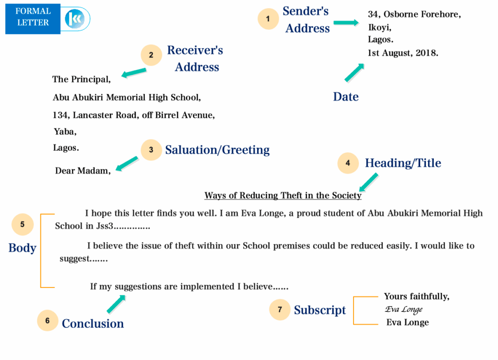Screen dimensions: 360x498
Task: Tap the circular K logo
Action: click(75, 19)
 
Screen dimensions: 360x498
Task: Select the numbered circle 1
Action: click(268, 19)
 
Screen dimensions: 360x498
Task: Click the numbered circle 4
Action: click(348, 163)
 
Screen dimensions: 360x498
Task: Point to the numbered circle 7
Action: click(280, 309)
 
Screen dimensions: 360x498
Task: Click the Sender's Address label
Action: click(306, 19)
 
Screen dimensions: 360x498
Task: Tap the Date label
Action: click(346, 97)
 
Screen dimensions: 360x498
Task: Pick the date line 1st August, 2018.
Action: click(403, 53)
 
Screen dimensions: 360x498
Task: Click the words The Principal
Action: click(81, 79)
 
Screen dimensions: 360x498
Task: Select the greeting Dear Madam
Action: click(83, 171)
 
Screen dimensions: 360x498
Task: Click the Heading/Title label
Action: click(403, 163)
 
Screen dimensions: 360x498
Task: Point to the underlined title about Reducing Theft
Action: click(283, 196)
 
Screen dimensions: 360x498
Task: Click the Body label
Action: click(22, 248)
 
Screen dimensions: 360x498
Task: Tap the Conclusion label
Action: click(93, 324)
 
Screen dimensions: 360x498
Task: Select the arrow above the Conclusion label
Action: click(116, 304)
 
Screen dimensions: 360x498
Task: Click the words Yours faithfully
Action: click(416, 296)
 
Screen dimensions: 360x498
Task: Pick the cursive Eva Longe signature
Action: click(404, 309)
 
